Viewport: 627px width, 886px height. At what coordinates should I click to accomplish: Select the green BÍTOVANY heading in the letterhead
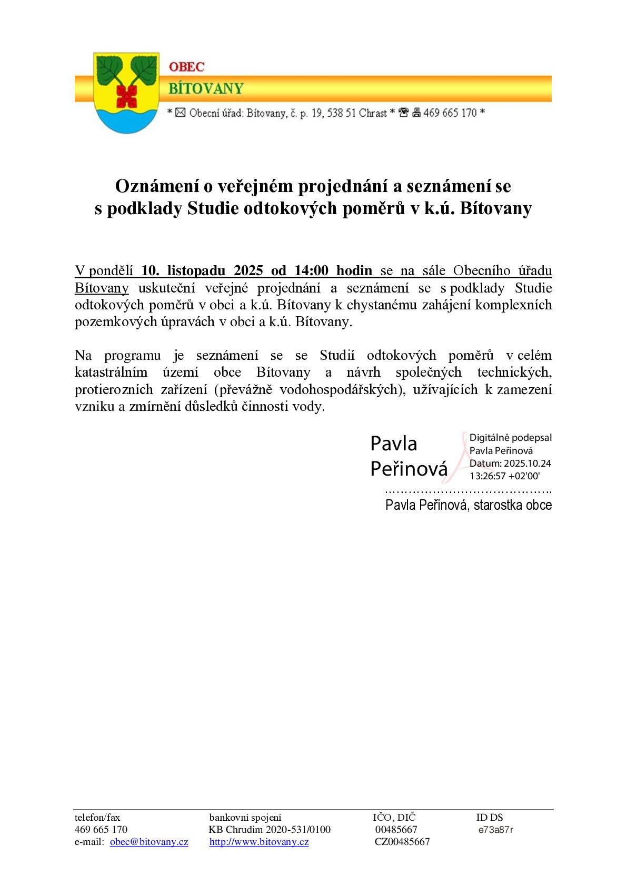206,88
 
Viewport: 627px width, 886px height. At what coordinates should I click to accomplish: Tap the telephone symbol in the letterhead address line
404,113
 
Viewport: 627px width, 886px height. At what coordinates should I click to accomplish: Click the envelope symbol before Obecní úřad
180,113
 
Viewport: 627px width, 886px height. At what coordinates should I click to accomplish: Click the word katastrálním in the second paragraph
111,372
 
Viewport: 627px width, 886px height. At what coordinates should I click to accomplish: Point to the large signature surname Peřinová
409,468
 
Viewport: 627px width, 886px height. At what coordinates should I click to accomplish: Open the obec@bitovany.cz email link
149,842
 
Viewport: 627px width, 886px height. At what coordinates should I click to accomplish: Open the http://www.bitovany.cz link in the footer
259,842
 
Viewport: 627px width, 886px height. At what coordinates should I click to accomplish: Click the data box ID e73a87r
496,830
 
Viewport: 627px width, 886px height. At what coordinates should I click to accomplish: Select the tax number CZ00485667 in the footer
402,842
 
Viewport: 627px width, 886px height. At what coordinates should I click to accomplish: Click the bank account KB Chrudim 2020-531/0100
270,830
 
